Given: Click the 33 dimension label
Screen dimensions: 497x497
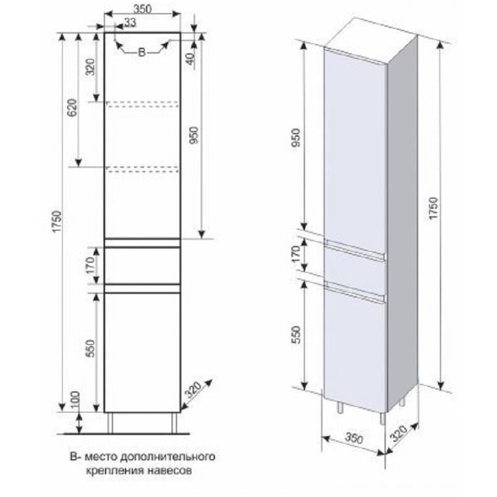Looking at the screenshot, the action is point(130,22).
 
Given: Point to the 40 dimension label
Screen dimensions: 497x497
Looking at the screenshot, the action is point(191,59).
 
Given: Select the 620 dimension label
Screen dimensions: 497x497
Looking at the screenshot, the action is point(72,108).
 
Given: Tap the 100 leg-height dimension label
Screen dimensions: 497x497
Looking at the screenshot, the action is point(75,400).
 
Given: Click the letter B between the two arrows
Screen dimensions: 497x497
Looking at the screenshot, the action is point(142,53).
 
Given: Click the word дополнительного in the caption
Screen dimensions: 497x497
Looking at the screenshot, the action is point(168,457).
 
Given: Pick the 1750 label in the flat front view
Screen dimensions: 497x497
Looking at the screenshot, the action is point(58,221).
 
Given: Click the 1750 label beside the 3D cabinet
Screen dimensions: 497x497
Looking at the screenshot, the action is point(433,208).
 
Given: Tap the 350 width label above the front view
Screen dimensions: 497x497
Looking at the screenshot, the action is point(142,9).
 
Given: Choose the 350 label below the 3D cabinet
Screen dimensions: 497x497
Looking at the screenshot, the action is point(353,438).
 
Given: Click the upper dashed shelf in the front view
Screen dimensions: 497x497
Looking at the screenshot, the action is point(143,104).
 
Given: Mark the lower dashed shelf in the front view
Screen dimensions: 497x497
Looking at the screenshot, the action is point(143,169).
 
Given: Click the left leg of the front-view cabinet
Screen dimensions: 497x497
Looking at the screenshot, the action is point(110,423).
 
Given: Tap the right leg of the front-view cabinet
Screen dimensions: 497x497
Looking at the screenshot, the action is point(175,423).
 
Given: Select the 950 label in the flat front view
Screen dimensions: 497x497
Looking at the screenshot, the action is point(194,135).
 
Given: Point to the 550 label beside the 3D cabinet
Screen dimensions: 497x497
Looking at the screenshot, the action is point(296,335).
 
